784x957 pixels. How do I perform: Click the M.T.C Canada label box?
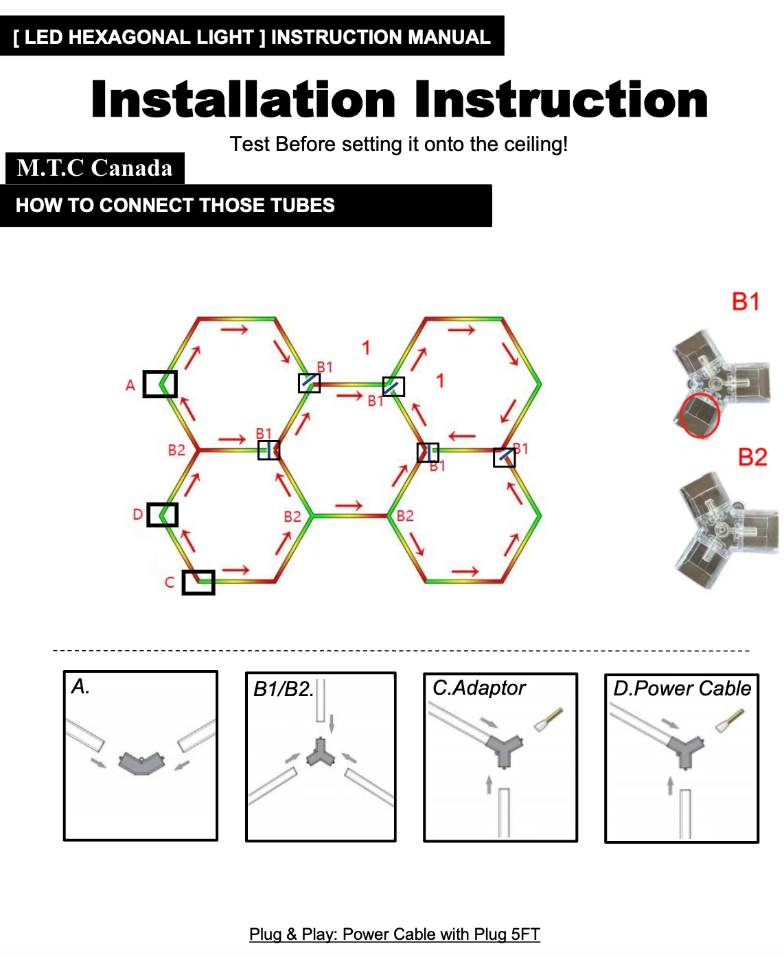point(95,168)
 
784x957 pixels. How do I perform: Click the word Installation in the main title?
point(243,100)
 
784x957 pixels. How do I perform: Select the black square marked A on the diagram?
point(160,384)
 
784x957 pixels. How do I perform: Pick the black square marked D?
point(162,515)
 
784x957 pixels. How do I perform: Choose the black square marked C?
point(198,582)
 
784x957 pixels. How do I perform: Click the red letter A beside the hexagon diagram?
point(130,385)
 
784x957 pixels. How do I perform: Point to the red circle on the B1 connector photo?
point(700,415)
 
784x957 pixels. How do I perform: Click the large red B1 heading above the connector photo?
point(746,301)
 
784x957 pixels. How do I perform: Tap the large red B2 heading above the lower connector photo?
point(752,457)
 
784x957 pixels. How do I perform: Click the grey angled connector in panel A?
point(141,763)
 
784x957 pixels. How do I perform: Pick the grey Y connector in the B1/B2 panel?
point(321,752)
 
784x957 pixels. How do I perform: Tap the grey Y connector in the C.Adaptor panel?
point(504,750)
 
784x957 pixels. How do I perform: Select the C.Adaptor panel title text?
point(479,688)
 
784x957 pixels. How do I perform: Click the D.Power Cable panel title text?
point(682,689)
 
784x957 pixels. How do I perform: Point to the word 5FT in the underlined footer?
point(525,934)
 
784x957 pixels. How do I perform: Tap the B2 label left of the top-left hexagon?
point(176,450)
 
